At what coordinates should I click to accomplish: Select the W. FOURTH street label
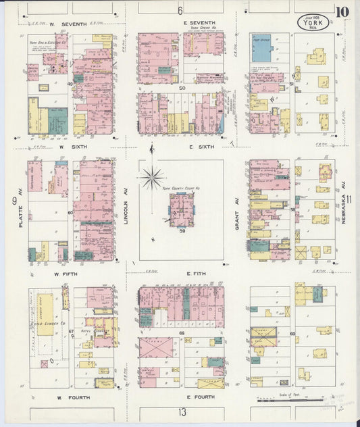(x=73, y=397)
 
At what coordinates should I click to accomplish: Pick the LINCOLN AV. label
(x=126, y=210)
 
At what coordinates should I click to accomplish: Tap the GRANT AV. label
(x=238, y=215)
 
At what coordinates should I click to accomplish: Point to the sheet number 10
(x=345, y=11)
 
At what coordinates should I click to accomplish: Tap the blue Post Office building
(x=261, y=48)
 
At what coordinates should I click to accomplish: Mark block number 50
(x=182, y=88)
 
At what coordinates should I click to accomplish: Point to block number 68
(x=181, y=333)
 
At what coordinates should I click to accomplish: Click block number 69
(x=292, y=334)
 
